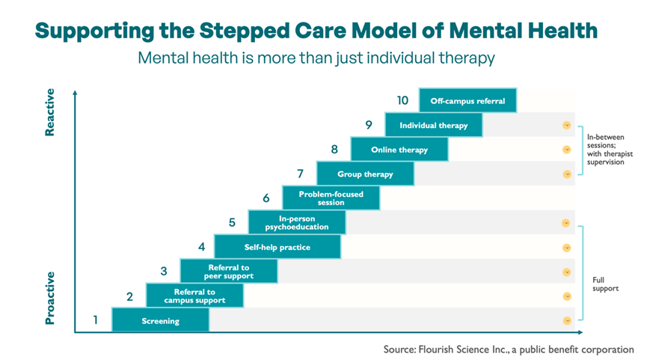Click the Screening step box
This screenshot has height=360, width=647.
point(160,320)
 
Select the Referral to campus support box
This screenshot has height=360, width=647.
point(194,296)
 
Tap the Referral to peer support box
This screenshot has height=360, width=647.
point(229,271)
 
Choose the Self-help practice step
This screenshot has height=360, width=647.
point(277,247)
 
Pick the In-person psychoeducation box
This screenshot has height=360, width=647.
point(297,222)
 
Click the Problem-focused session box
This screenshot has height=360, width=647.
point(331,198)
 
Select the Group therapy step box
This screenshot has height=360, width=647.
point(365,174)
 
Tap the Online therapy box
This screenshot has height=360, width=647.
point(399,150)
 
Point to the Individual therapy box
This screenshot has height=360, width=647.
point(434,125)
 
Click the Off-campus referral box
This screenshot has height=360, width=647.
point(467,101)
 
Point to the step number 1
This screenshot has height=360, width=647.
point(96,320)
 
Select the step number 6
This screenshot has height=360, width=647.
point(266,198)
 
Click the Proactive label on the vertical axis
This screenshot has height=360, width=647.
point(50,297)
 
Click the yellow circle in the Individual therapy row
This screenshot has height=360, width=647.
point(566,126)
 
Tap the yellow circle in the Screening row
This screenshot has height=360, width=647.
point(566,320)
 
